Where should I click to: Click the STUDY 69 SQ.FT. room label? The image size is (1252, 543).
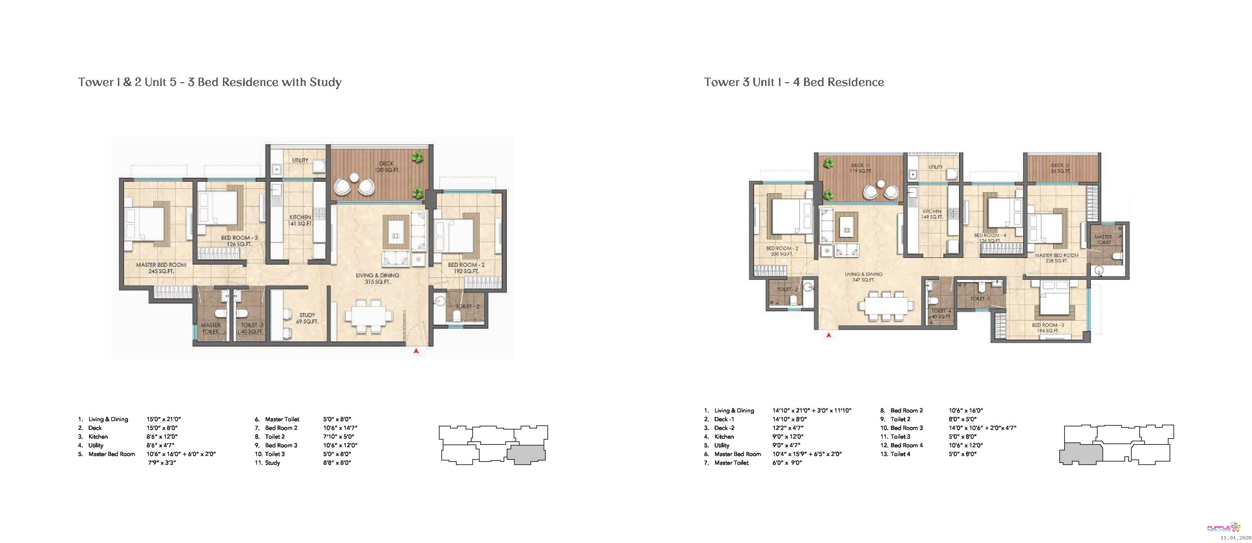(x=307, y=318)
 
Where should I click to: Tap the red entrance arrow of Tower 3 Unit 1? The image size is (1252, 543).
(x=829, y=335)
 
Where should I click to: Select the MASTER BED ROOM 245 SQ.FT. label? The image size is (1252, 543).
(x=161, y=268)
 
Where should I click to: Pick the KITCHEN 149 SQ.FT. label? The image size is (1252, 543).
(x=932, y=214)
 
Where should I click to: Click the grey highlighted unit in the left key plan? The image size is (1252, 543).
(x=526, y=454)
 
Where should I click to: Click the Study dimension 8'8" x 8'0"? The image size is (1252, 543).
(x=337, y=463)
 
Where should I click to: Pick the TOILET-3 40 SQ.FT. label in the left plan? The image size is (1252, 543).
(x=252, y=329)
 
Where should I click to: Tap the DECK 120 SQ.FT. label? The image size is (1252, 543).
(x=386, y=167)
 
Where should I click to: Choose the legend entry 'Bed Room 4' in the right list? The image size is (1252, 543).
(x=906, y=445)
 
